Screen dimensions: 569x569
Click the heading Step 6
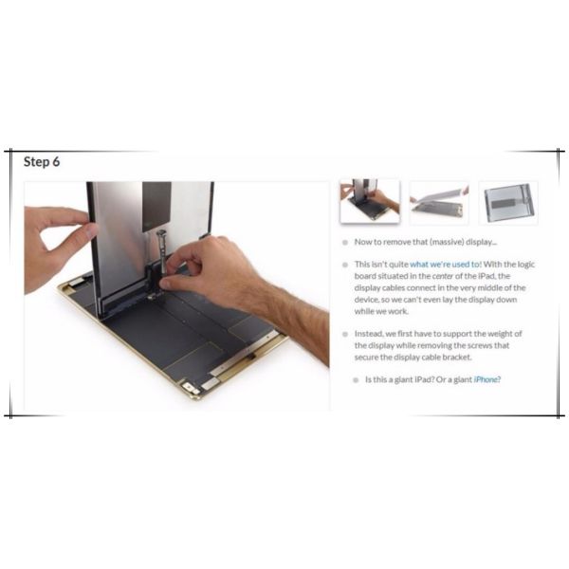42,161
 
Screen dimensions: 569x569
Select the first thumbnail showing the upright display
370,201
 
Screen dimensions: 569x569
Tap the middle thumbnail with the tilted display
439,203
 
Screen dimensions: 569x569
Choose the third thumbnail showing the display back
508,203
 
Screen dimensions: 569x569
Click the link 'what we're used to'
445,265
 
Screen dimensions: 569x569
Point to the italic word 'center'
443,276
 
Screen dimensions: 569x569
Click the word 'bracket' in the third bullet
457,358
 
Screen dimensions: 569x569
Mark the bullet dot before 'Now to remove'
345,243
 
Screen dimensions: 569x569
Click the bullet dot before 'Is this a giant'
356,380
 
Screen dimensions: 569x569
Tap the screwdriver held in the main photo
162,252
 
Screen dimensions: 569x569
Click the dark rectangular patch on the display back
156,207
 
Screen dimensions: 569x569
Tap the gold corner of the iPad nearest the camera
193,394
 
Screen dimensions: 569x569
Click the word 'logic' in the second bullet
524,265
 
